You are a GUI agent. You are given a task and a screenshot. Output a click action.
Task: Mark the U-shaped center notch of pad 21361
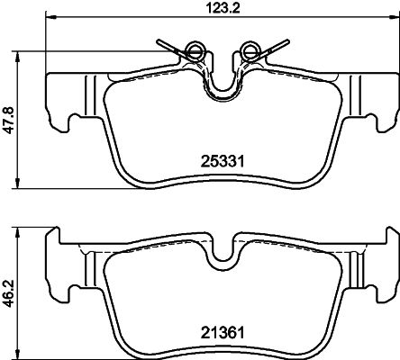click(221, 256)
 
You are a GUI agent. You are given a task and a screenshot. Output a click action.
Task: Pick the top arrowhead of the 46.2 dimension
click(21, 231)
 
